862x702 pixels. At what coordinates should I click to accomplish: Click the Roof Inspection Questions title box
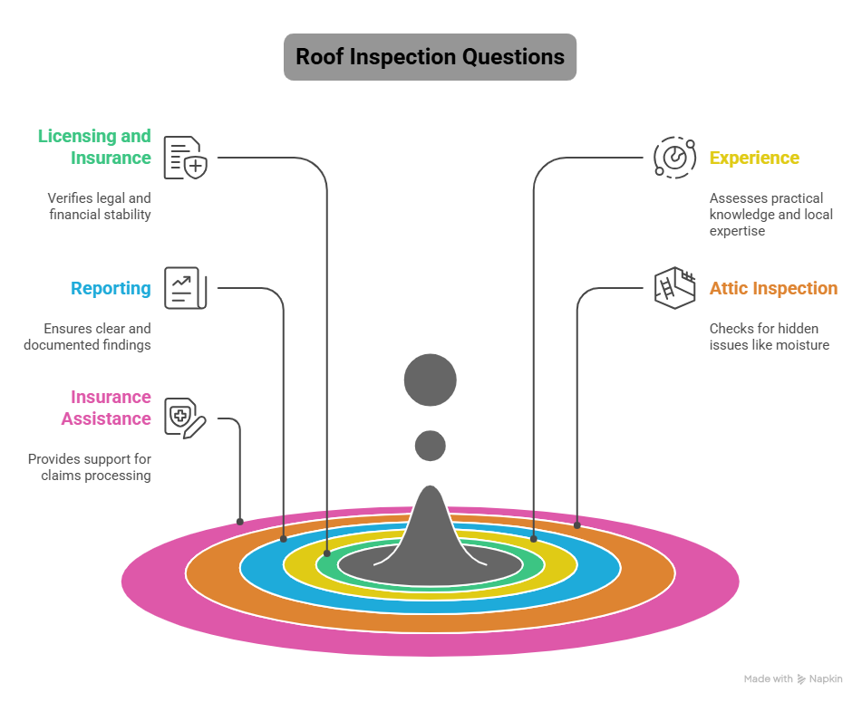[x=430, y=57]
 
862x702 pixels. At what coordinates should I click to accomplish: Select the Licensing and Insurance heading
[x=94, y=147]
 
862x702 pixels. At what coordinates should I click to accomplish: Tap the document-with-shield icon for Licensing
[x=186, y=158]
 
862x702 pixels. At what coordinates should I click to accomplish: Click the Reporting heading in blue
[x=111, y=288]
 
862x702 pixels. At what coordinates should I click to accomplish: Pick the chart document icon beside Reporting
[x=186, y=288]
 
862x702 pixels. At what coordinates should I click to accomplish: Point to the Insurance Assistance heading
[x=105, y=408]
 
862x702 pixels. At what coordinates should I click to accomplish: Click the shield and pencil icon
[x=186, y=418]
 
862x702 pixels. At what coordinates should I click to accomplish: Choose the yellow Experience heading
[x=754, y=158]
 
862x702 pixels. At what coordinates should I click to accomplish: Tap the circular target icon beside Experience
[x=674, y=158]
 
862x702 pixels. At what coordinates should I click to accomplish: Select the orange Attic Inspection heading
[x=773, y=288]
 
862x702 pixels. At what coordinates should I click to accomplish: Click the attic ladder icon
[x=674, y=288]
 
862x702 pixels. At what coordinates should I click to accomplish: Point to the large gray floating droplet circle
[x=431, y=380]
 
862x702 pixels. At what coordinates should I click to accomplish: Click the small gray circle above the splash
[x=431, y=446]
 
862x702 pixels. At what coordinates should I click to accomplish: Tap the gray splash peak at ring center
[x=431, y=525]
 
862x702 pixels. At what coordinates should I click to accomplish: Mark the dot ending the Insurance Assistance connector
[x=240, y=522]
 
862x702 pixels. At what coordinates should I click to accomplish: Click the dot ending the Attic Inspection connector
[x=577, y=524]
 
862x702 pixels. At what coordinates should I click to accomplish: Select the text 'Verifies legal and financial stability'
[x=99, y=207]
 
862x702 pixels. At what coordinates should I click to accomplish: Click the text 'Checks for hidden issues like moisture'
[x=769, y=337]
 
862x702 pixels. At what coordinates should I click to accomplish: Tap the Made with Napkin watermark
[x=793, y=678]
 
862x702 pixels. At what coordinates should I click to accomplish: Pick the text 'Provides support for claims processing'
[x=89, y=467]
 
